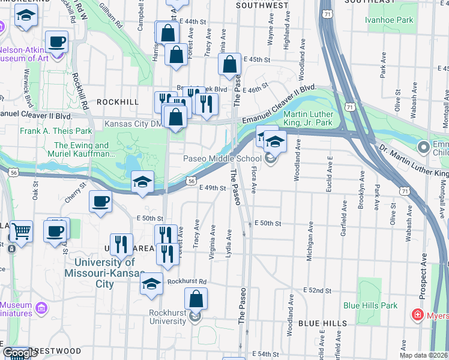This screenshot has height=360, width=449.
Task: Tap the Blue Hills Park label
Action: coord(370,305)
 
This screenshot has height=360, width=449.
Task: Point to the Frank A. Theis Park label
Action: coord(56,131)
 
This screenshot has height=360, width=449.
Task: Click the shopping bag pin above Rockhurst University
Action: coord(196,299)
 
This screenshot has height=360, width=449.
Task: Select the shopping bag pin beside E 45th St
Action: coord(230,65)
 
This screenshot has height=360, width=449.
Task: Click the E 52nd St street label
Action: coord(318,290)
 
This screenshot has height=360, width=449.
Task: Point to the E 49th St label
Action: coord(212,188)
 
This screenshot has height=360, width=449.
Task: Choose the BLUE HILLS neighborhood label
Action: coord(322,323)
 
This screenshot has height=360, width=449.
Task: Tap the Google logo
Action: coord(20,353)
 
